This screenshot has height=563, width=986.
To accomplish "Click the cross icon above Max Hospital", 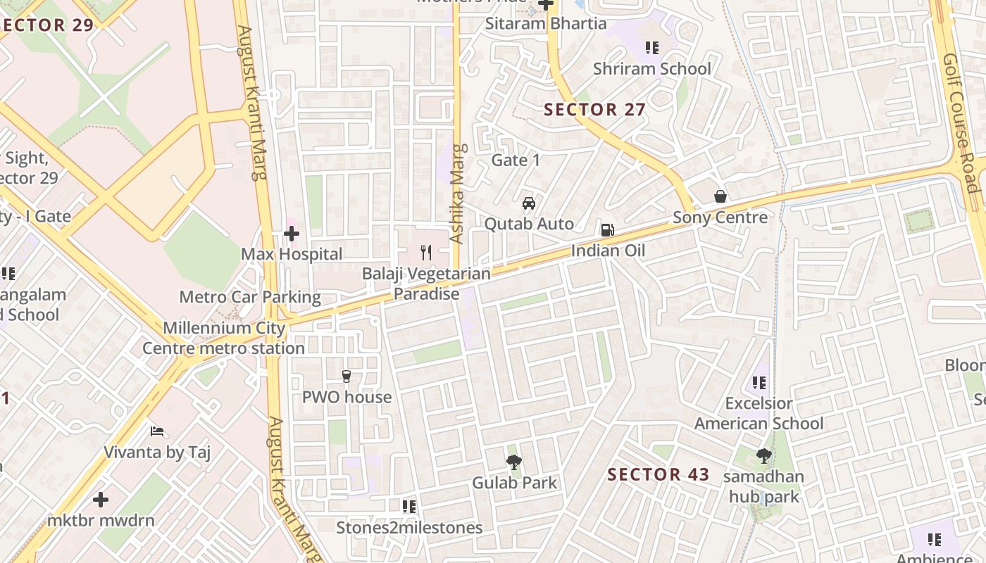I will click(x=292, y=234).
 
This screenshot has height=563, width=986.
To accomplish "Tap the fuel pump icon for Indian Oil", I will click(x=607, y=230).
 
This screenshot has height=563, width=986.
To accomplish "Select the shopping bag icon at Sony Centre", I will click(x=720, y=196).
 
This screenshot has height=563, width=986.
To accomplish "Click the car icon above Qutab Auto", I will click(x=529, y=203).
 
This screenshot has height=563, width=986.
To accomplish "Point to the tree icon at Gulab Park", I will click(x=514, y=462).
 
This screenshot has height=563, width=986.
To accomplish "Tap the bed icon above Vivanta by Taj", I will click(x=157, y=431).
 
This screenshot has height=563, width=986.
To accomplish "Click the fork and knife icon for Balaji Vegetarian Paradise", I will click(x=426, y=253).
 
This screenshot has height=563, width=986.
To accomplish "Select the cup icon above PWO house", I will click(x=346, y=377).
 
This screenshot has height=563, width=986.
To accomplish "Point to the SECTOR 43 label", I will click(x=659, y=474).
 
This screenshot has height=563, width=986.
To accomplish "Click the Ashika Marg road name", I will click(x=458, y=194).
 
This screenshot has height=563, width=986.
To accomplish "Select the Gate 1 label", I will click(x=516, y=160).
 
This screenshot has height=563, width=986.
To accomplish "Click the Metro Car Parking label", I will click(x=250, y=297).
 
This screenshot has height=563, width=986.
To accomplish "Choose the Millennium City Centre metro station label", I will click(x=224, y=338).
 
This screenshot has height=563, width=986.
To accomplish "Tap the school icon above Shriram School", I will click(x=652, y=48).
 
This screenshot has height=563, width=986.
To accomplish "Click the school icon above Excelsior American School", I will click(x=759, y=383).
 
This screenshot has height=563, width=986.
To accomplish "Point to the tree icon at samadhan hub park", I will click(x=763, y=456).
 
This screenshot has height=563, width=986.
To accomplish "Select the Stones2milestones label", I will click(x=409, y=528).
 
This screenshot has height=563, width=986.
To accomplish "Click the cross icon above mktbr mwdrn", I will click(x=101, y=500).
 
